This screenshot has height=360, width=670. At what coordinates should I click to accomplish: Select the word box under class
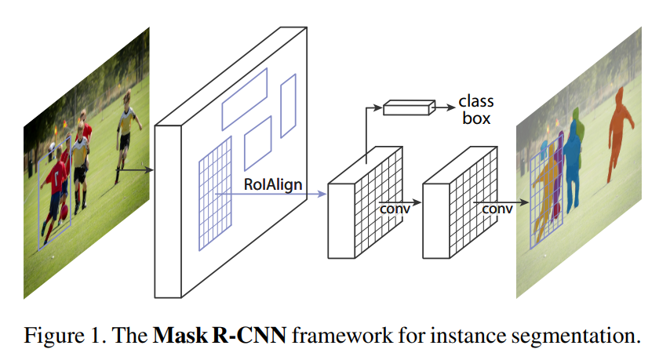(476, 119)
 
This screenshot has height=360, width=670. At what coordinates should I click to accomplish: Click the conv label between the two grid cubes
(395, 209)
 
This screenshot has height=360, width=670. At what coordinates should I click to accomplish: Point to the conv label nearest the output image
(497, 209)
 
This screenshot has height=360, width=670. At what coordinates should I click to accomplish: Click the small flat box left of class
(408, 108)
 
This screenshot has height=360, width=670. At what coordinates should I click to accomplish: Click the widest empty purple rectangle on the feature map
(244, 98)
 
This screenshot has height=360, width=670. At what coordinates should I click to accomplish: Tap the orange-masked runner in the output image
(620, 129)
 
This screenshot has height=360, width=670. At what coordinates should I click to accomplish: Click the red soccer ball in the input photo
(53, 147)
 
